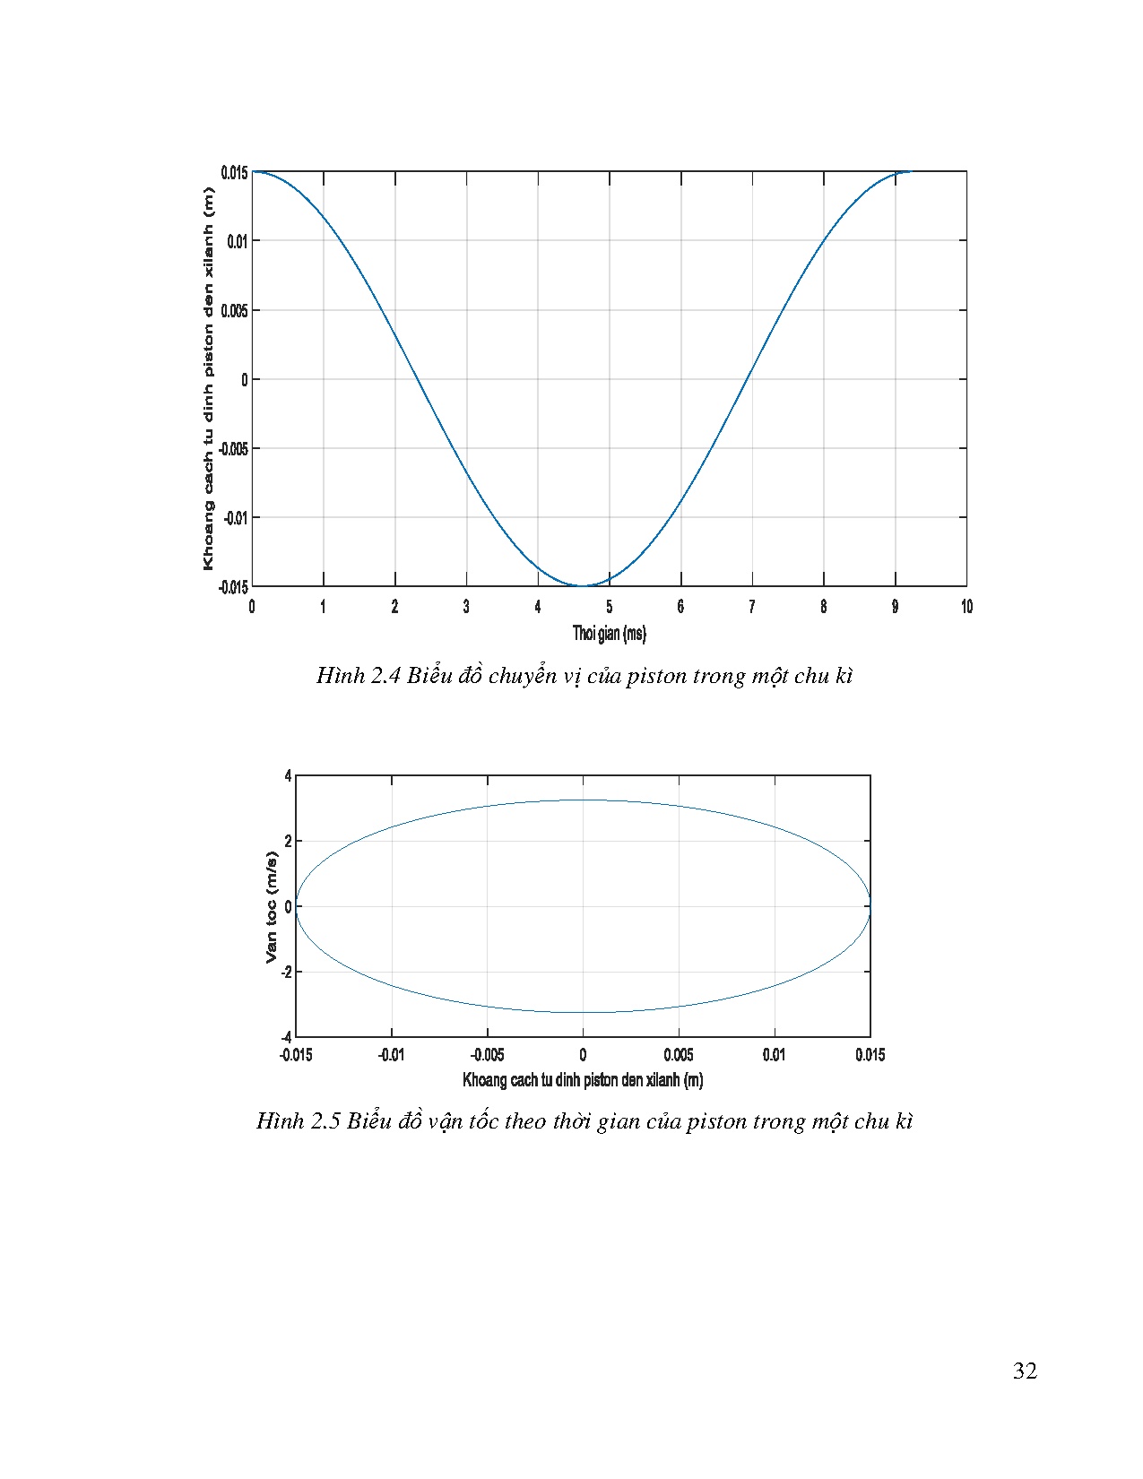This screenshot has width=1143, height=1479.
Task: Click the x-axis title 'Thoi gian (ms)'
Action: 609,634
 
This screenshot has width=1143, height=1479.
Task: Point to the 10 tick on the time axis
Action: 966,607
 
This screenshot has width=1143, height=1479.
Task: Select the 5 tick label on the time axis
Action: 609,607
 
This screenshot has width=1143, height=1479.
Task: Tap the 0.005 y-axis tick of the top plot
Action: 235,310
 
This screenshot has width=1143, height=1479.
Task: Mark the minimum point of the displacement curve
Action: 581,585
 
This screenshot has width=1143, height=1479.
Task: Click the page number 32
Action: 1025,1371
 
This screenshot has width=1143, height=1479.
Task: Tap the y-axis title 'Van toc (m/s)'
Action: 272,906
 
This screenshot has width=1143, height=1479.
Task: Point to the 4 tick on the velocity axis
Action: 288,775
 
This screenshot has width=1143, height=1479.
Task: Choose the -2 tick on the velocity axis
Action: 286,972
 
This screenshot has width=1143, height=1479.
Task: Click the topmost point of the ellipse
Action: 583,800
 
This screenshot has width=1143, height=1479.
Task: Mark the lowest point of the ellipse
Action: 583,1013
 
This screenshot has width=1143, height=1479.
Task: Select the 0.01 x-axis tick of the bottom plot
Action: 775,1055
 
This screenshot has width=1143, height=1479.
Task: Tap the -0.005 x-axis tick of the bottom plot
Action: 487,1055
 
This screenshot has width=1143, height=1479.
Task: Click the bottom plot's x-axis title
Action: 583,1080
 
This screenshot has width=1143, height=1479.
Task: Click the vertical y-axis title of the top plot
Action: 209,379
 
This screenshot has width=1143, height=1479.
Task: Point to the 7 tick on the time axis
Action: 752,607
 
